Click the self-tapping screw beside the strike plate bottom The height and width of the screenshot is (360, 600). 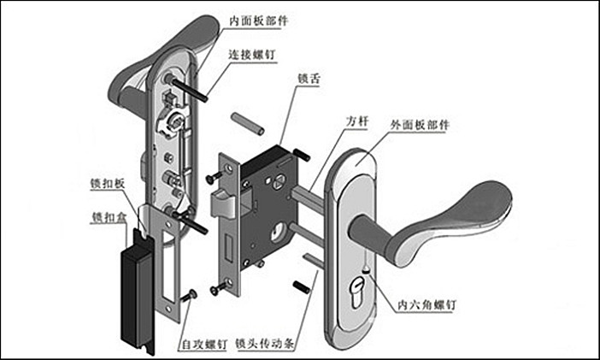[x=190, y=294]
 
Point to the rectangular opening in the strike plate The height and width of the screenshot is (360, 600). [x=168, y=257]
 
